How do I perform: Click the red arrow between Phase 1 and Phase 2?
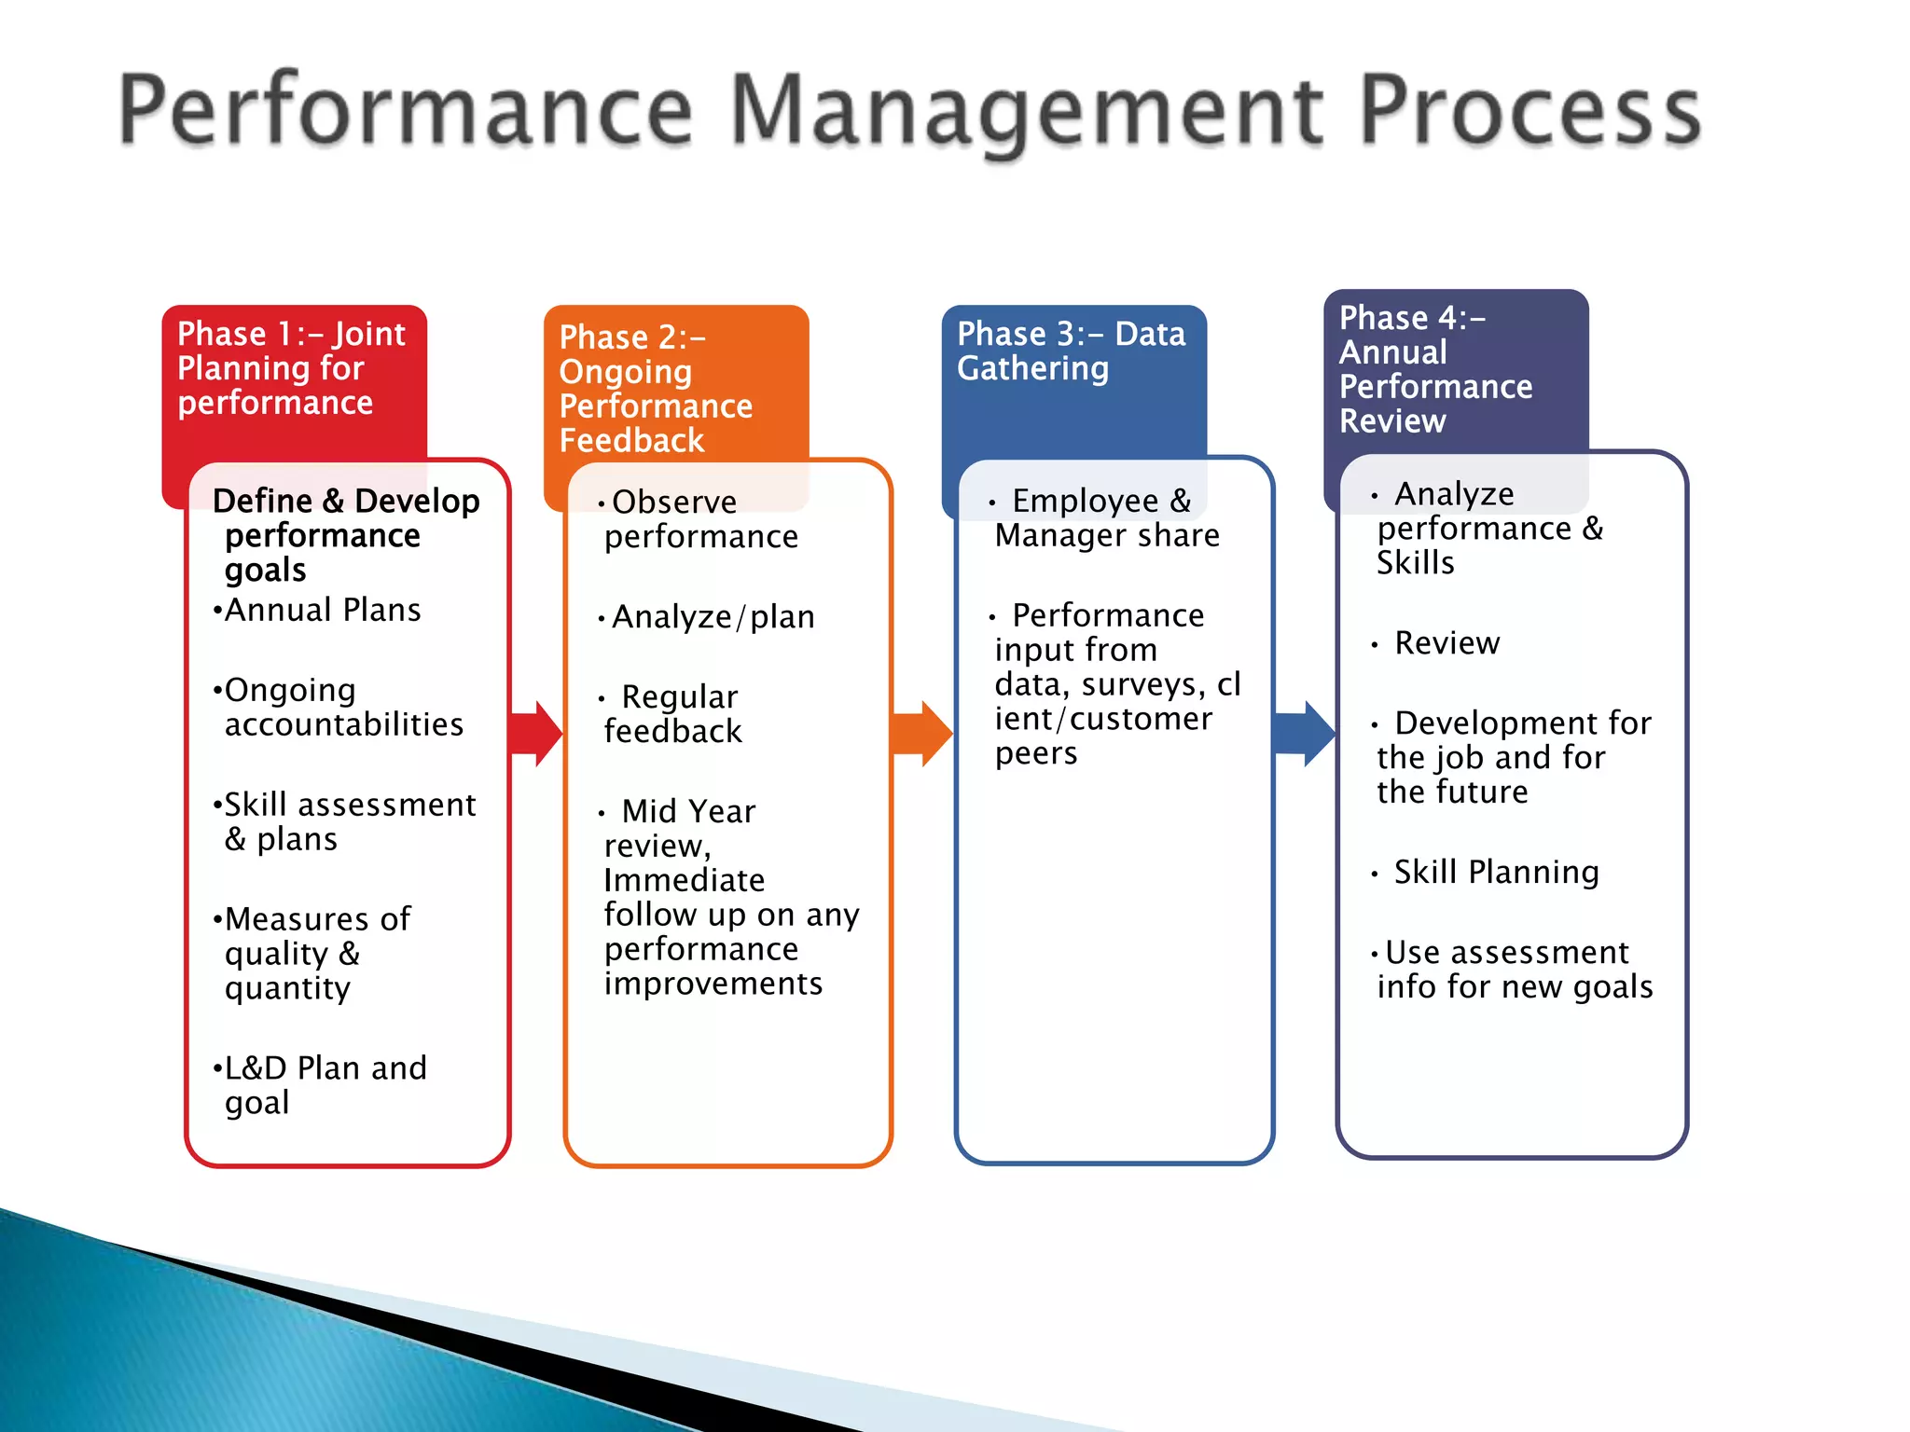[x=538, y=734]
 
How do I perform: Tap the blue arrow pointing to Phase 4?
[x=1306, y=734]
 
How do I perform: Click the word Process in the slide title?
[x=1529, y=112]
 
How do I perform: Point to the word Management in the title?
[x=1026, y=112]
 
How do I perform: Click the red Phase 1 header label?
[x=291, y=368]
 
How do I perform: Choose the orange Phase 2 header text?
[x=656, y=389]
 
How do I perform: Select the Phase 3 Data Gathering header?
[x=1071, y=351]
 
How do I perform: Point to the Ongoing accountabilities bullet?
[x=342, y=707]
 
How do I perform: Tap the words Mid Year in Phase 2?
[x=688, y=811]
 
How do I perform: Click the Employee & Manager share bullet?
[x=1105, y=518]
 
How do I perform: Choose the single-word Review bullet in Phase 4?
[x=1446, y=643]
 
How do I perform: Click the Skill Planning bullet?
[x=1496, y=872]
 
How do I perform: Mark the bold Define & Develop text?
[x=346, y=502]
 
